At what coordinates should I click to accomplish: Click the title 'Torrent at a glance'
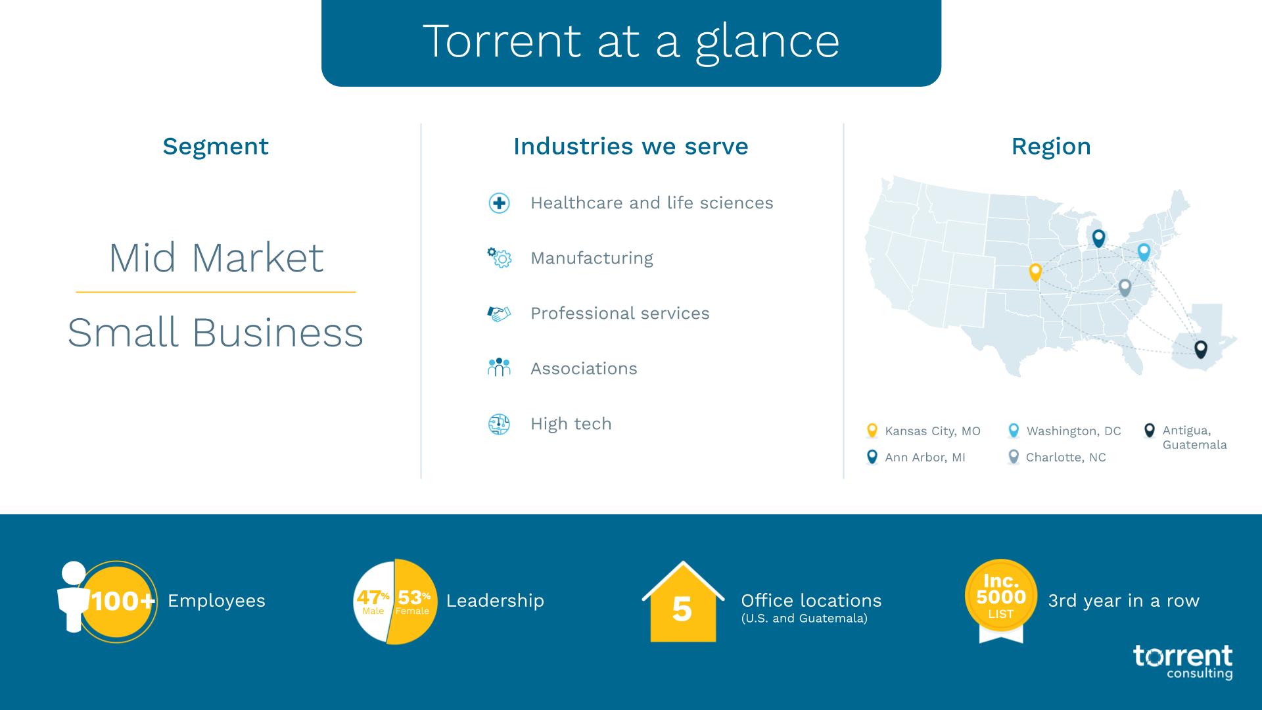(x=631, y=41)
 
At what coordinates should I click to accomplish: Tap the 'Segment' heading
(x=216, y=146)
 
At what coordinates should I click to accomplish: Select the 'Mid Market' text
(x=216, y=258)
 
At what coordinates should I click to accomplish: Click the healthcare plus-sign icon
(x=499, y=203)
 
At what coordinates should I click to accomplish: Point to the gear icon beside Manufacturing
(x=499, y=258)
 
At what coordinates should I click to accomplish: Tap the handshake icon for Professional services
(x=499, y=314)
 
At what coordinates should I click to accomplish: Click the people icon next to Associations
(x=499, y=367)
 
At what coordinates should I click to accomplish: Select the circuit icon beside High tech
(x=499, y=424)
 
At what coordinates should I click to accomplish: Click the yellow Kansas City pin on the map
(x=1035, y=272)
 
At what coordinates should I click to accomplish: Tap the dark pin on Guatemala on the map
(x=1200, y=348)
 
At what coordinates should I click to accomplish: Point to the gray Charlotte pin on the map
(x=1125, y=287)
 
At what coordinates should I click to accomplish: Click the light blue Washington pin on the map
(x=1144, y=251)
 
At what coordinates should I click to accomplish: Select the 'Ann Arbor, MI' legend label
(x=925, y=458)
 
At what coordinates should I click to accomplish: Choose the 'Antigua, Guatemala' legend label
(x=1194, y=437)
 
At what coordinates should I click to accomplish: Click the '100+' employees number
(x=122, y=601)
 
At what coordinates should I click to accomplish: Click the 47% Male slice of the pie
(x=372, y=602)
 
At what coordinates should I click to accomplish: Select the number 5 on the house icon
(x=682, y=609)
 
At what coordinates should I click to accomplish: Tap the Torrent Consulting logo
(x=1182, y=661)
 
